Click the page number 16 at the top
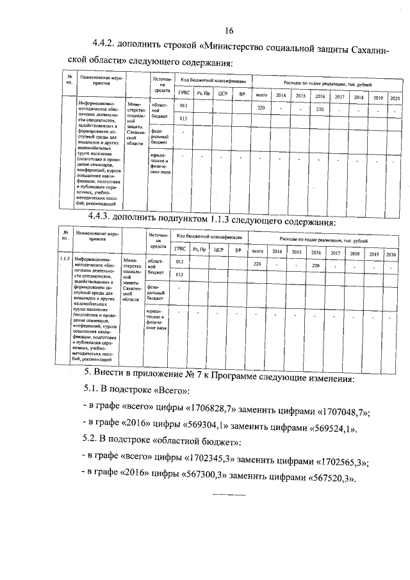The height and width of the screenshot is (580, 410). [229, 31]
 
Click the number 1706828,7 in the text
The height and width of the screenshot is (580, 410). [212, 411]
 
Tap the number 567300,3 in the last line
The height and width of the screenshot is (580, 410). [202, 478]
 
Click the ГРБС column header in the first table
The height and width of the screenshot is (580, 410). [183, 94]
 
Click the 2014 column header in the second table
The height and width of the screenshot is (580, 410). [277, 251]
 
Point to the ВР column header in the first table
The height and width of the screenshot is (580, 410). [242, 95]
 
